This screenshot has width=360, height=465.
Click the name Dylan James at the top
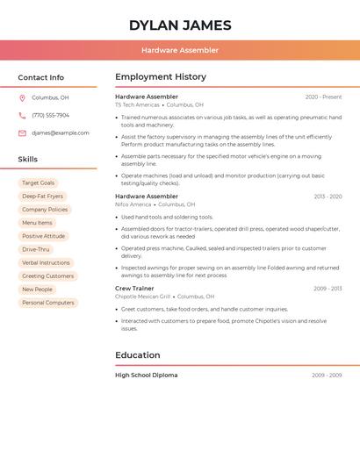[180, 25]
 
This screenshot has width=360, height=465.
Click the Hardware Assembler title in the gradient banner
[180, 51]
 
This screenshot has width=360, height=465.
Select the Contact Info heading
[41, 77]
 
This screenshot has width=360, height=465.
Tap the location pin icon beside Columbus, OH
[22, 98]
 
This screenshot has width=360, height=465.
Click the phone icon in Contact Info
[22, 116]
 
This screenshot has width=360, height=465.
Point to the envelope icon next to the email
[22, 133]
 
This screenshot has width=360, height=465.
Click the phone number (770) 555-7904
[50, 116]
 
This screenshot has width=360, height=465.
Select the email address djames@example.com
[61, 133]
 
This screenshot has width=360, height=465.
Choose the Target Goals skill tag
[38, 182]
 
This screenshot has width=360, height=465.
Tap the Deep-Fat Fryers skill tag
[42, 197]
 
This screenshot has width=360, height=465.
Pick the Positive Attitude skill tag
[43, 236]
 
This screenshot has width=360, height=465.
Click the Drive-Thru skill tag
[36, 249]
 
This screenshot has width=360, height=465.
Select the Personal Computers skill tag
[47, 303]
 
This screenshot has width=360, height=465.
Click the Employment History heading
[161, 77]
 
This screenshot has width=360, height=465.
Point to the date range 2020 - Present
[323, 97]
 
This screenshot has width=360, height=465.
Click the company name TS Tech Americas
[137, 104]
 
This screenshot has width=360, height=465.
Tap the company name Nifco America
[133, 204]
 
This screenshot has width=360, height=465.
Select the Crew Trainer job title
[134, 289]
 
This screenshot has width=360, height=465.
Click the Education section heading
[138, 355]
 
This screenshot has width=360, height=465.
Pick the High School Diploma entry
[146, 376]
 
